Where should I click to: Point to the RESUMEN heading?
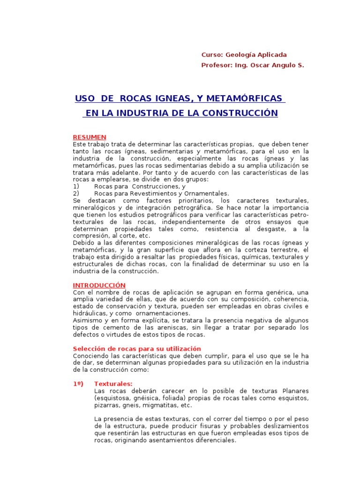click(90, 137)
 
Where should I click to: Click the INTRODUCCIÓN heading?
click(99, 285)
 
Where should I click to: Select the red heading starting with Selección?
click(137, 349)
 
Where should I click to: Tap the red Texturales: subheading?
click(113, 384)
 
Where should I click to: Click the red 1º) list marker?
click(78, 384)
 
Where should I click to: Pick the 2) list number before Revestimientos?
click(76, 193)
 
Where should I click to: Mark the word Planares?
click(295, 391)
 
